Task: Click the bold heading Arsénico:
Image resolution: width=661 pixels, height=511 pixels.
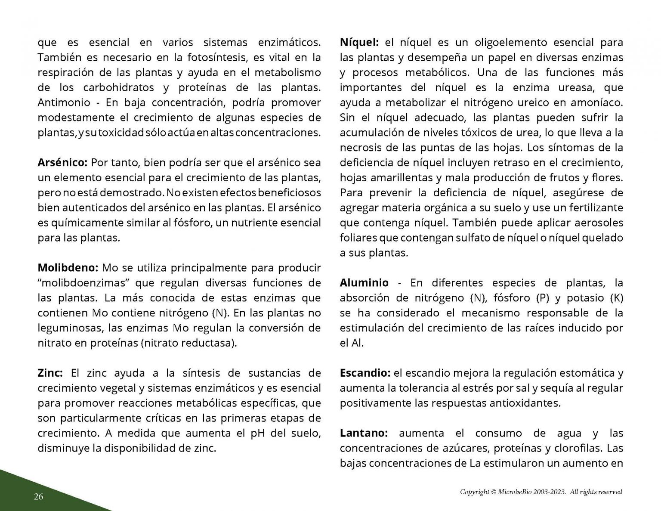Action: pyautogui.click(x=63, y=163)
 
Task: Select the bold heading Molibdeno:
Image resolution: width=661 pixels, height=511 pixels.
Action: pyautogui.click(x=68, y=268)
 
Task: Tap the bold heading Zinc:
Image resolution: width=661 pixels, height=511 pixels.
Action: pyautogui.click(x=50, y=373)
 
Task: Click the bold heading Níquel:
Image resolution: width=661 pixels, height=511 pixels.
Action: pyautogui.click(x=359, y=43)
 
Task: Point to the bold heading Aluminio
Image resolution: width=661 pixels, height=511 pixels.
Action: pyautogui.click(x=364, y=283)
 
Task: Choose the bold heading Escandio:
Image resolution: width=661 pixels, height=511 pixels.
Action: pyautogui.click(x=365, y=373)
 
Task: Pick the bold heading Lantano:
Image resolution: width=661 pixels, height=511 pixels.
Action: pyautogui.click(x=364, y=433)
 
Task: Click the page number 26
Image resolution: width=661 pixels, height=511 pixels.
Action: pyautogui.click(x=39, y=497)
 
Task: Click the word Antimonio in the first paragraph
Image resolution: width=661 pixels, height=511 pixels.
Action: pyautogui.click(x=64, y=102)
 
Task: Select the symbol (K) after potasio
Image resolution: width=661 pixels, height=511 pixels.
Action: pyautogui.click(x=617, y=298)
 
